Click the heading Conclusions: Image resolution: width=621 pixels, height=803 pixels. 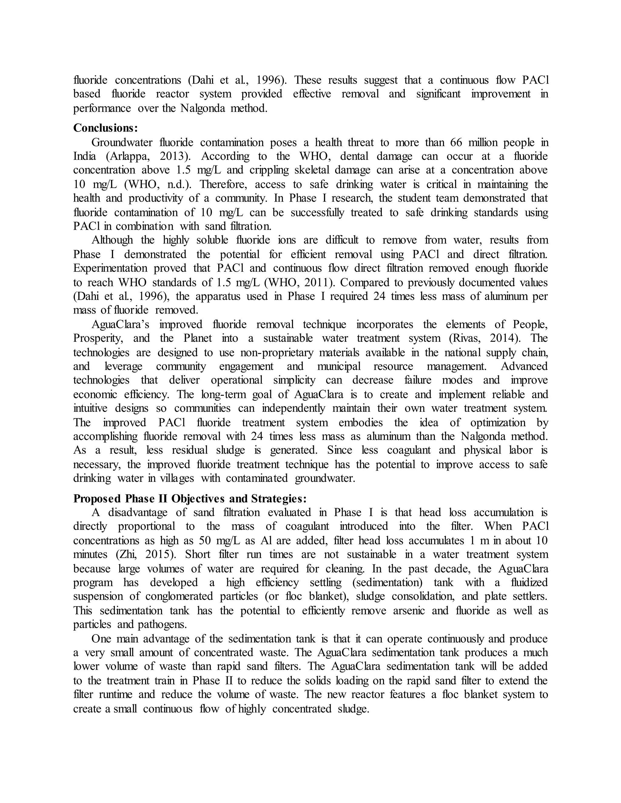(x=105, y=128)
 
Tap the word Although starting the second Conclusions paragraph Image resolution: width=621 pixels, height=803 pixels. (x=112, y=240)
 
